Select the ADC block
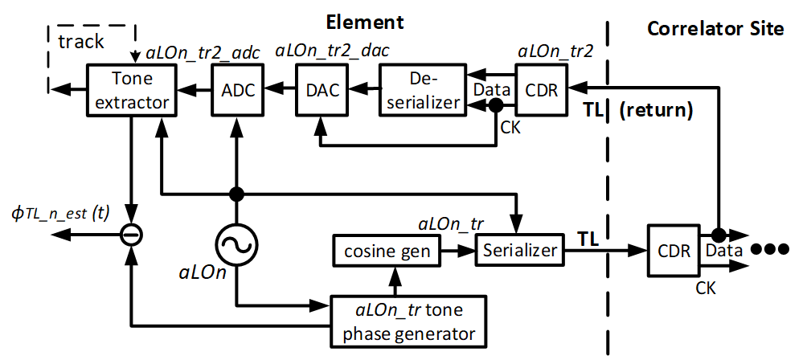click(x=238, y=90)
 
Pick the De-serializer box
click(x=421, y=90)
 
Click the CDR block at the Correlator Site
click(x=674, y=250)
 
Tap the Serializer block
click(x=520, y=251)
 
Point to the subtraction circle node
click(x=129, y=235)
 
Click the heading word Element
click(x=365, y=22)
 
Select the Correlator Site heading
click(x=715, y=29)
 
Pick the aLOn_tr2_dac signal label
click(x=332, y=51)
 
